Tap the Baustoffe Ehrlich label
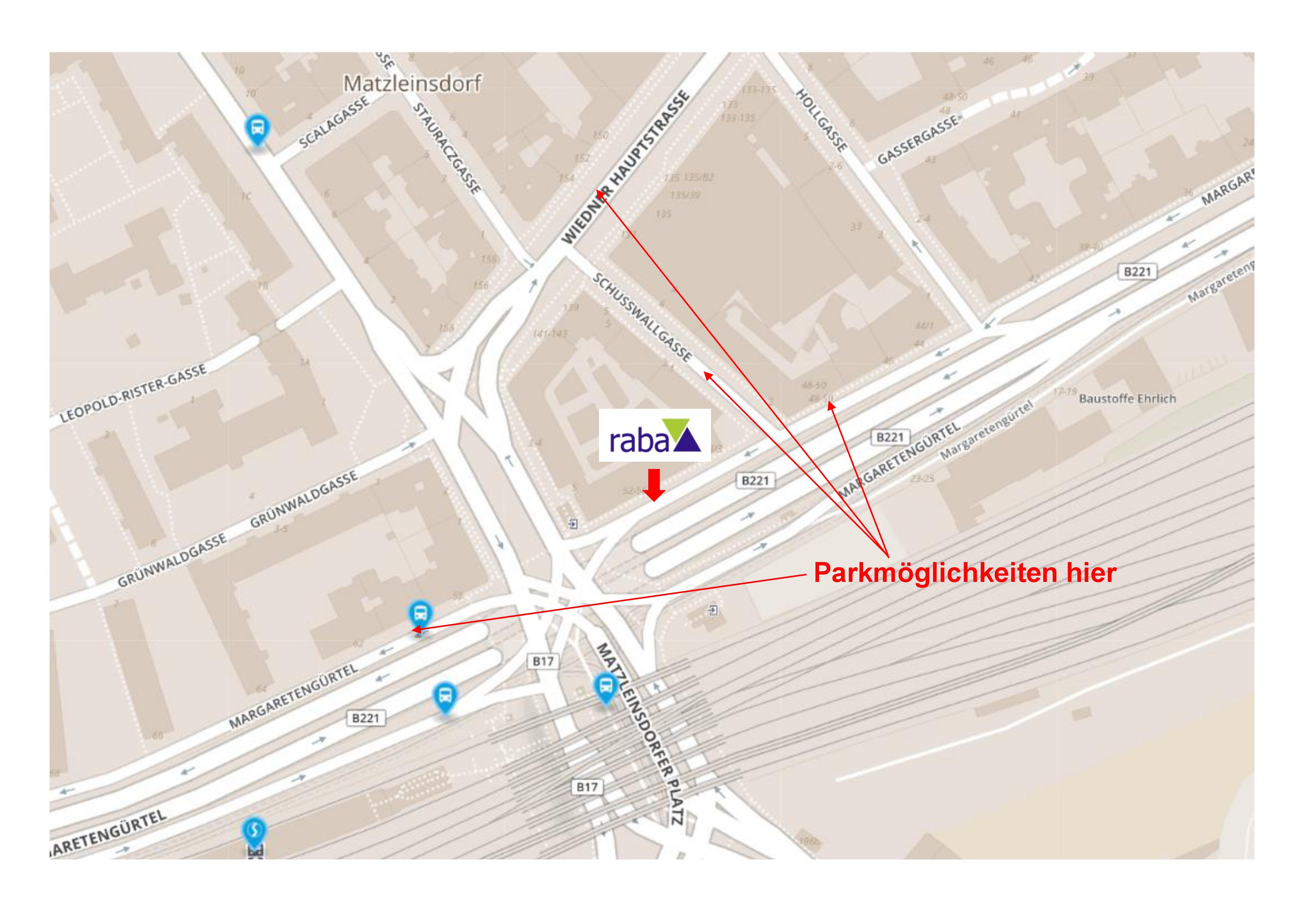[x=1127, y=399]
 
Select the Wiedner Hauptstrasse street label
[x=626, y=167]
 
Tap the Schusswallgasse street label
[x=642, y=317]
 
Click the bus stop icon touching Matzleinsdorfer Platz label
[x=605, y=687]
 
